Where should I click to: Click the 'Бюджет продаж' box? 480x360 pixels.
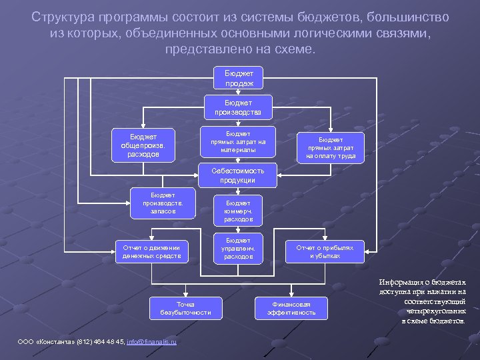pos(238,77)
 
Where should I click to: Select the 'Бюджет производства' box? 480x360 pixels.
pos(238,108)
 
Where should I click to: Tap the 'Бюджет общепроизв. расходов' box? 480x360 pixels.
pos(144,145)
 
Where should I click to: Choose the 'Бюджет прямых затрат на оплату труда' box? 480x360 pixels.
pos(331,148)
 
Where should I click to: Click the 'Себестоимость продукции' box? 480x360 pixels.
pos(238,175)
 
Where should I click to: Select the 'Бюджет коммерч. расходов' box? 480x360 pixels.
pos(238,210)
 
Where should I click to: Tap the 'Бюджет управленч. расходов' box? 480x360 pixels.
pos(238,248)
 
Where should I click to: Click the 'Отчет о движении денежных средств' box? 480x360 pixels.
pos(151,251)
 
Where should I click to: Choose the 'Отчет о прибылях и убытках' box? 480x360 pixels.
pos(325,251)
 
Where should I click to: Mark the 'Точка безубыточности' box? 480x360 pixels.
pos(185,308)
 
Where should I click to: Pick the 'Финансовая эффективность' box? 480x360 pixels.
pos(291,308)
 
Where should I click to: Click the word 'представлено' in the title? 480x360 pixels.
pos(202,50)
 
